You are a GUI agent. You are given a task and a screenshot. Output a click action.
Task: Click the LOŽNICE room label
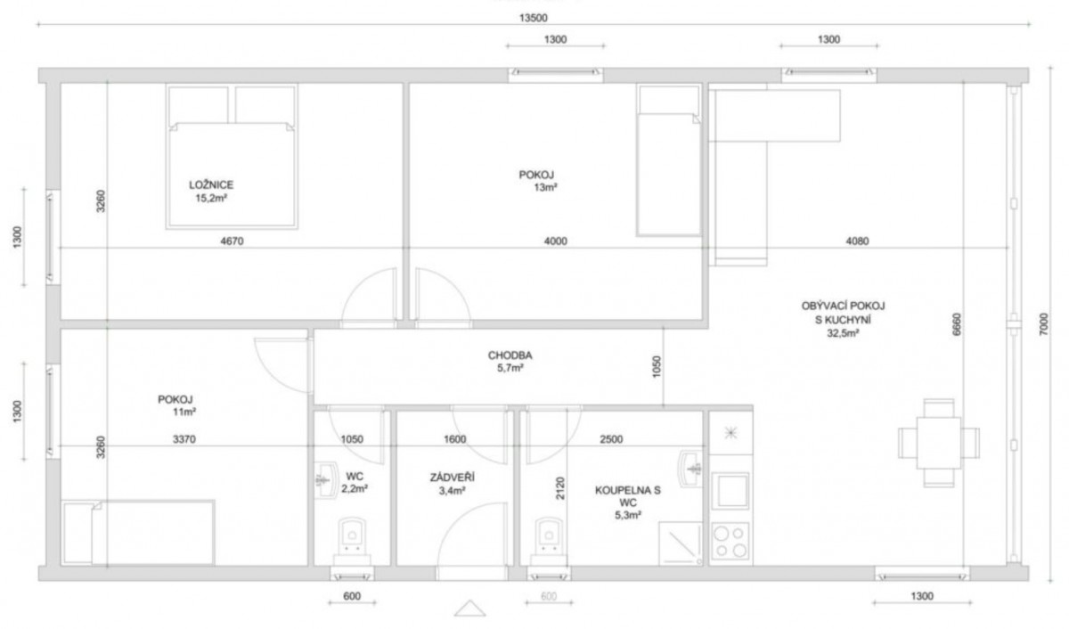click(x=211, y=184)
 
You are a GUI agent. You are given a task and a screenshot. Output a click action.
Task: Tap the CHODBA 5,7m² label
click(x=510, y=361)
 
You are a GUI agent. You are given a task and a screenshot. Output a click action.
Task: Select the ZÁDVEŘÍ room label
click(x=452, y=478)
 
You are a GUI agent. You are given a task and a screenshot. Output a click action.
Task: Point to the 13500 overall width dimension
click(x=533, y=18)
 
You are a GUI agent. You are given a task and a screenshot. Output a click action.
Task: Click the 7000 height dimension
click(x=1044, y=324)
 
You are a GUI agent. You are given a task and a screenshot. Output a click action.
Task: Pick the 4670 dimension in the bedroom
click(x=232, y=241)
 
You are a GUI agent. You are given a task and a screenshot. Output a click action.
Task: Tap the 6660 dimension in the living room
click(x=957, y=324)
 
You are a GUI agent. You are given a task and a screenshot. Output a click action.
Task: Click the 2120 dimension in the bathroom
click(x=559, y=488)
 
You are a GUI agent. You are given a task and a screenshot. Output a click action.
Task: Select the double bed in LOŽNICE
click(x=232, y=157)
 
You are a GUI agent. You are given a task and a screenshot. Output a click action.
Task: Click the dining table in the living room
click(x=939, y=443)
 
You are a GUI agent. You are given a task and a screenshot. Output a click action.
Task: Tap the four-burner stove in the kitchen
click(x=730, y=541)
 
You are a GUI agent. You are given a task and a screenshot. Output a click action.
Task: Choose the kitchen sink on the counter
click(x=730, y=491)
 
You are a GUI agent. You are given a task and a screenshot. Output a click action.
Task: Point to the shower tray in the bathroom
click(x=681, y=543)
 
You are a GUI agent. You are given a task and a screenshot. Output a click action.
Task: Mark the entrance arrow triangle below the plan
click(x=470, y=608)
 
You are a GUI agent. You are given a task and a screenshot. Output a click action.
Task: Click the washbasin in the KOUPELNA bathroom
click(x=690, y=469)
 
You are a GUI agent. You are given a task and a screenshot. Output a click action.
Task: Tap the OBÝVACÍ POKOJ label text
click(x=843, y=306)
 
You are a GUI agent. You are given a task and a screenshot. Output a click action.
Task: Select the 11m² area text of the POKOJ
click(x=184, y=412)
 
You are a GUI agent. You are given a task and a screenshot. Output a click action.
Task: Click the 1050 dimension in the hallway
click(x=657, y=366)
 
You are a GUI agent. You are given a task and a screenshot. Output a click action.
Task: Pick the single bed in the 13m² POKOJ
click(x=669, y=160)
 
